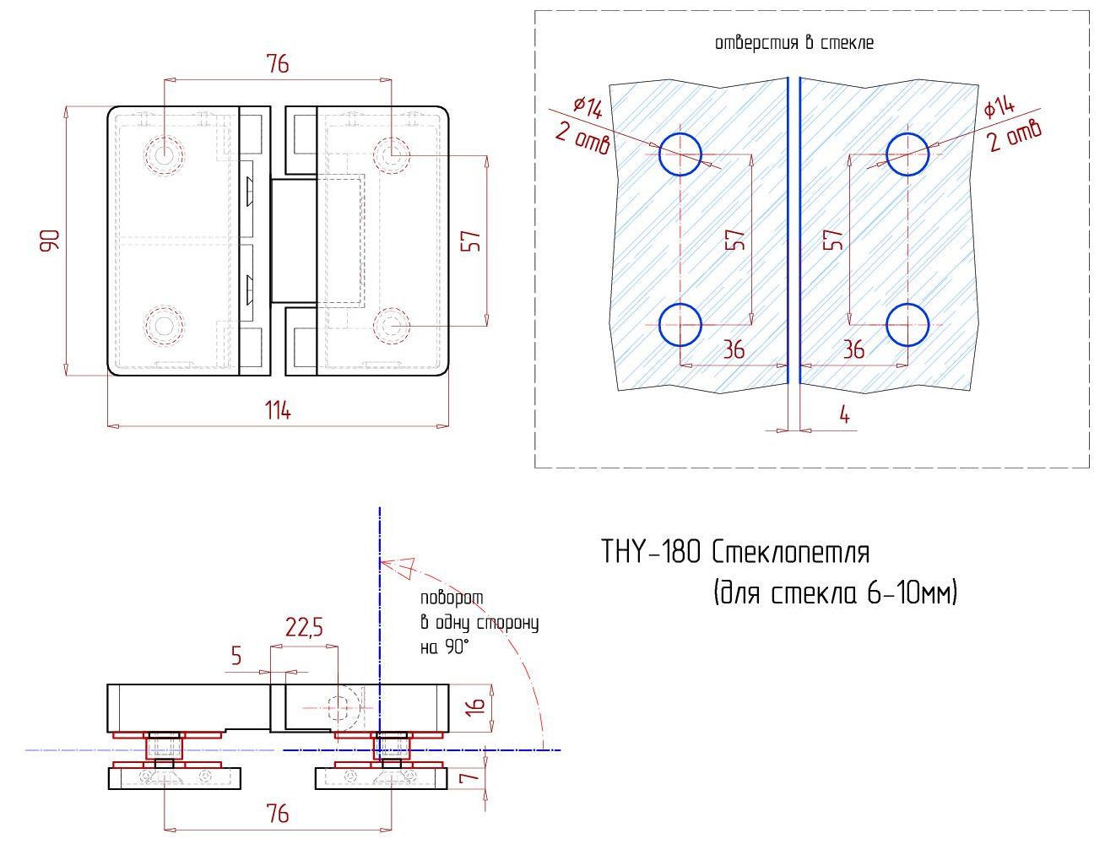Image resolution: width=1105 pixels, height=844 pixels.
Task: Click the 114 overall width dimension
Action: (x=278, y=411)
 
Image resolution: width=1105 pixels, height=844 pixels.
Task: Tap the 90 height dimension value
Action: (x=50, y=240)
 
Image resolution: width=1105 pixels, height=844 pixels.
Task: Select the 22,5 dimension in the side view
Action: (x=304, y=627)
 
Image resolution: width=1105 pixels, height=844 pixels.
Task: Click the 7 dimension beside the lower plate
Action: (x=470, y=776)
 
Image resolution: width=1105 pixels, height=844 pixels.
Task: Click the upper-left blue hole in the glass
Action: (x=680, y=154)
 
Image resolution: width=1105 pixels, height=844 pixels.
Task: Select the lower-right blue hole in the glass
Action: (x=907, y=325)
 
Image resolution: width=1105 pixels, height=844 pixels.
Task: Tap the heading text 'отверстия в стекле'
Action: (x=794, y=42)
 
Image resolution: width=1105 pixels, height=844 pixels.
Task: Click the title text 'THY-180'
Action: (x=651, y=552)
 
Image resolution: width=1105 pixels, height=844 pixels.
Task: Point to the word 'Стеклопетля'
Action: (x=791, y=553)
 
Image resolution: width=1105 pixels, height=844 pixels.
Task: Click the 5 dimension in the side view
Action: (x=236, y=657)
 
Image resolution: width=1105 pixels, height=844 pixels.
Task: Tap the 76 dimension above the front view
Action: (x=278, y=64)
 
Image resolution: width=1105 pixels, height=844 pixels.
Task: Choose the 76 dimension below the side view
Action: (x=278, y=814)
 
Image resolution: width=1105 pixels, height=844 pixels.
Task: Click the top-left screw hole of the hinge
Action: (x=163, y=154)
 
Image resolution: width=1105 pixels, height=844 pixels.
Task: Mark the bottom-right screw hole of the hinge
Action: (x=392, y=326)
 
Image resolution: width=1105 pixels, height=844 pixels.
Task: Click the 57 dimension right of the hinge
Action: (x=472, y=241)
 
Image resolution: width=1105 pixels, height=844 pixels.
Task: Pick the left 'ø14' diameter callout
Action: (x=588, y=108)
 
